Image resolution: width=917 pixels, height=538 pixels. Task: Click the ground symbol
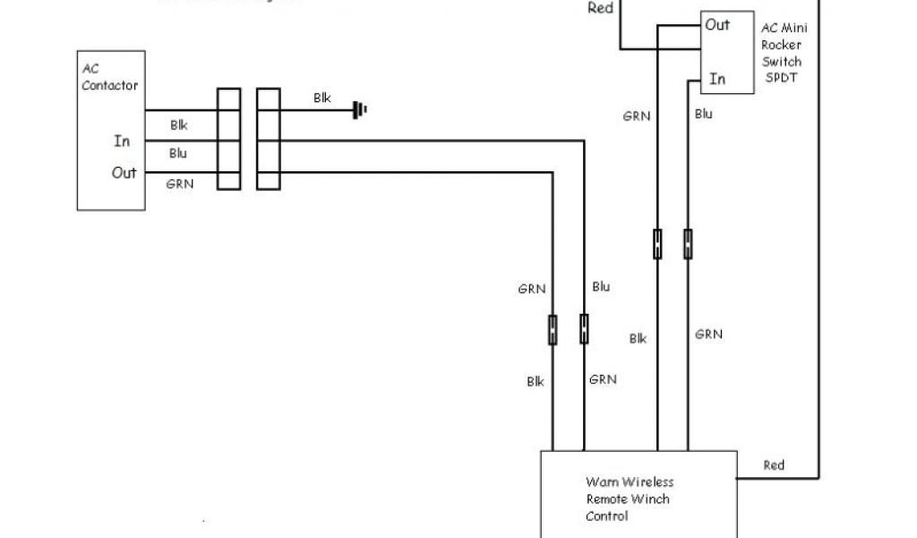(x=360, y=110)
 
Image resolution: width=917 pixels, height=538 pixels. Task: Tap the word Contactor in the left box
(x=110, y=85)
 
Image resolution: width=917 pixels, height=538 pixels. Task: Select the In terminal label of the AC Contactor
(x=122, y=141)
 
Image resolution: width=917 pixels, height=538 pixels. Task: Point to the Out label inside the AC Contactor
(x=124, y=172)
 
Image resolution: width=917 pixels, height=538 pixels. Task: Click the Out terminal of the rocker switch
(x=717, y=25)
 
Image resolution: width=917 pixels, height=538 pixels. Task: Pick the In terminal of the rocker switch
(x=717, y=79)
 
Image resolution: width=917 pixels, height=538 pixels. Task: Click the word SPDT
(x=781, y=78)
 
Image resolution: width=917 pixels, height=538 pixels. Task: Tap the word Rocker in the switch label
(x=781, y=46)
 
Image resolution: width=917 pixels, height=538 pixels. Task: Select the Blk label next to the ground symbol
(x=322, y=98)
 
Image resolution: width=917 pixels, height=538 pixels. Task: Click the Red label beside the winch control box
(x=774, y=464)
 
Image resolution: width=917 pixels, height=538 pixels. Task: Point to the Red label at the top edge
(x=600, y=9)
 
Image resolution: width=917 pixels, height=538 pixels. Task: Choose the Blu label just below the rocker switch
(x=704, y=114)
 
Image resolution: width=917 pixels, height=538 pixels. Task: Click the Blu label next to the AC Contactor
(x=178, y=153)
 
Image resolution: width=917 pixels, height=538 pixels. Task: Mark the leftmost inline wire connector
(x=553, y=328)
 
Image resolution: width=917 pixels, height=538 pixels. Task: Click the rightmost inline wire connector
(x=688, y=244)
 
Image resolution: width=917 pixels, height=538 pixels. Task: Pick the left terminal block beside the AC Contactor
(x=228, y=138)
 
